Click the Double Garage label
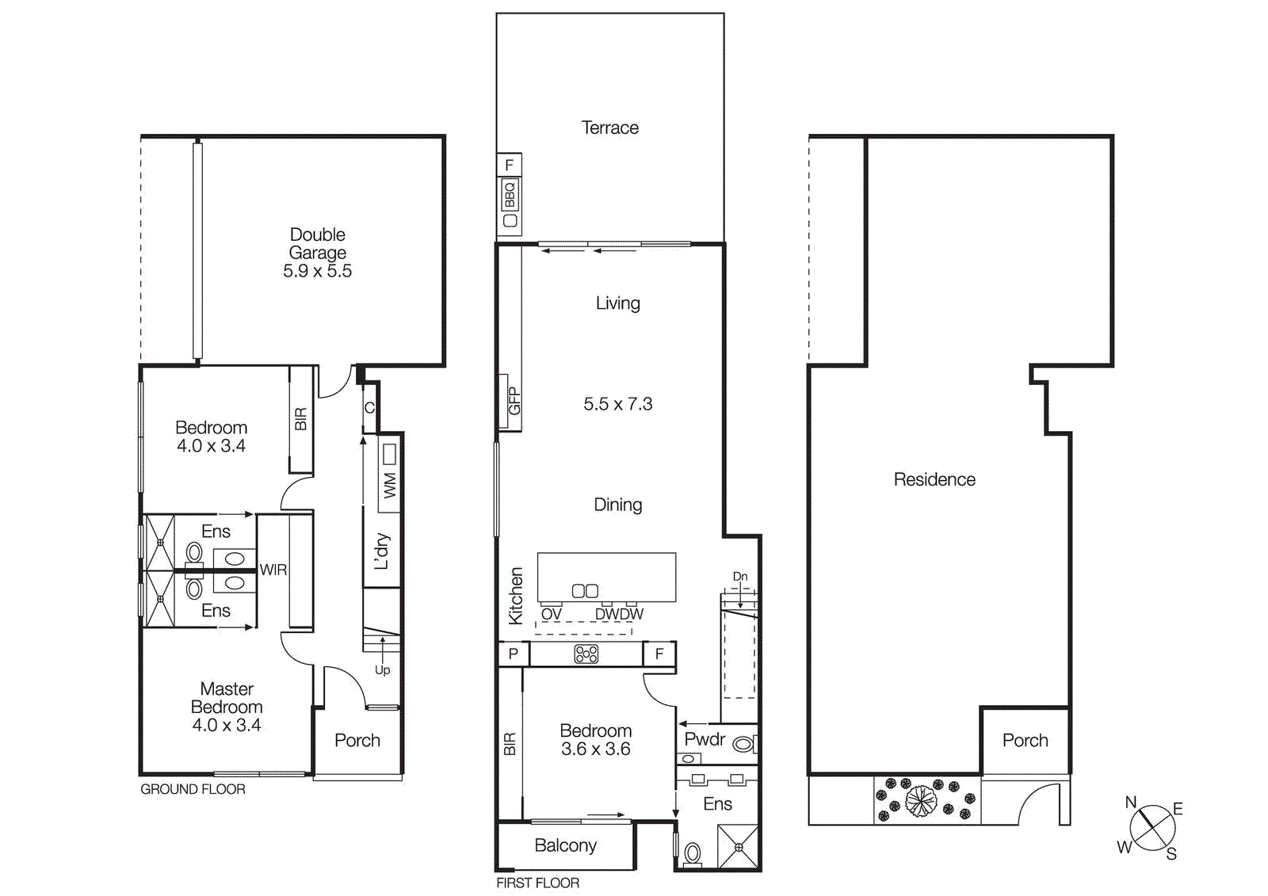(x=317, y=244)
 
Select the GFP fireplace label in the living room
(x=514, y=401)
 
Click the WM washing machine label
(x=389, y=485)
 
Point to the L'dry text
(x=382, y=551)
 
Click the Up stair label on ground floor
(x=382, y=670)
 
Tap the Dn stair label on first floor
(x=739, y=577)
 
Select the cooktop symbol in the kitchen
(x=586, y=654)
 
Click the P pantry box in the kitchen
(x=513, y=654)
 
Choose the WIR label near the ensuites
(x=273, y=570)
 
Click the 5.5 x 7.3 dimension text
(x=617, y=404)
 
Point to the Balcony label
(x=565, y=845)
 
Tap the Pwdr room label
(x=705, y=739)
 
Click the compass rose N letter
(x=1131, y=803)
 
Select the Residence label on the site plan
(x=934, y=479)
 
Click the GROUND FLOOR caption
(x=193, y=789)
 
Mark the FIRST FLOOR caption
(x=537, y=883)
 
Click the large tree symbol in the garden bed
(x=921, y=800)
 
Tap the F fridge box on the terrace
(x=509, y=165)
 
